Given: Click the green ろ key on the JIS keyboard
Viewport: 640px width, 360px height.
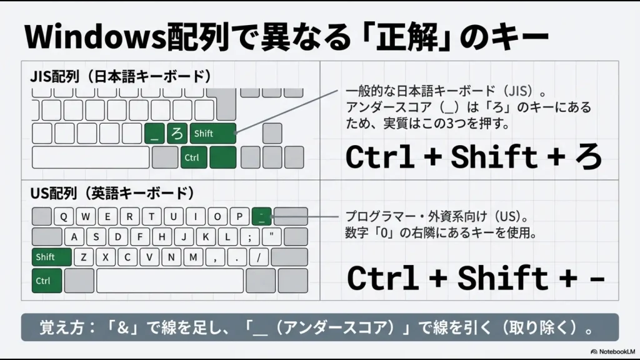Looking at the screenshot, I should (x=177, y=134).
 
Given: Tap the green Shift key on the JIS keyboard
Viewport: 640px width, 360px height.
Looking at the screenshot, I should (x=214, y=134).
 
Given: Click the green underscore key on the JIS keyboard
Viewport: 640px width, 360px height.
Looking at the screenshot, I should (x=154, y=134).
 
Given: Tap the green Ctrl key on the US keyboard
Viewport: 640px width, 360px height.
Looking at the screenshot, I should (x=47, y=281).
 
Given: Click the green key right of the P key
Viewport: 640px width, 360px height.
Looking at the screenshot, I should (x=262, y=216).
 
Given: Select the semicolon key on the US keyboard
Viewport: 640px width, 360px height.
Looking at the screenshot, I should (x=249, y=237).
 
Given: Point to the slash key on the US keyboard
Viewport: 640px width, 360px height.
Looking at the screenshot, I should (x=257, y=257).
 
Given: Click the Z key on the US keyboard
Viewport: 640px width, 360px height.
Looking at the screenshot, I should (x=84, y=257).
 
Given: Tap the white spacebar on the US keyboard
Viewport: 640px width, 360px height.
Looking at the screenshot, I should (x=169, y=281).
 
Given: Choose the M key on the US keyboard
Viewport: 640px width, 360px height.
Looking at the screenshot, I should (x=193, y=257).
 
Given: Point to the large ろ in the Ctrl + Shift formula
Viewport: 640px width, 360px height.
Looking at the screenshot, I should (x=587, y=157).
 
